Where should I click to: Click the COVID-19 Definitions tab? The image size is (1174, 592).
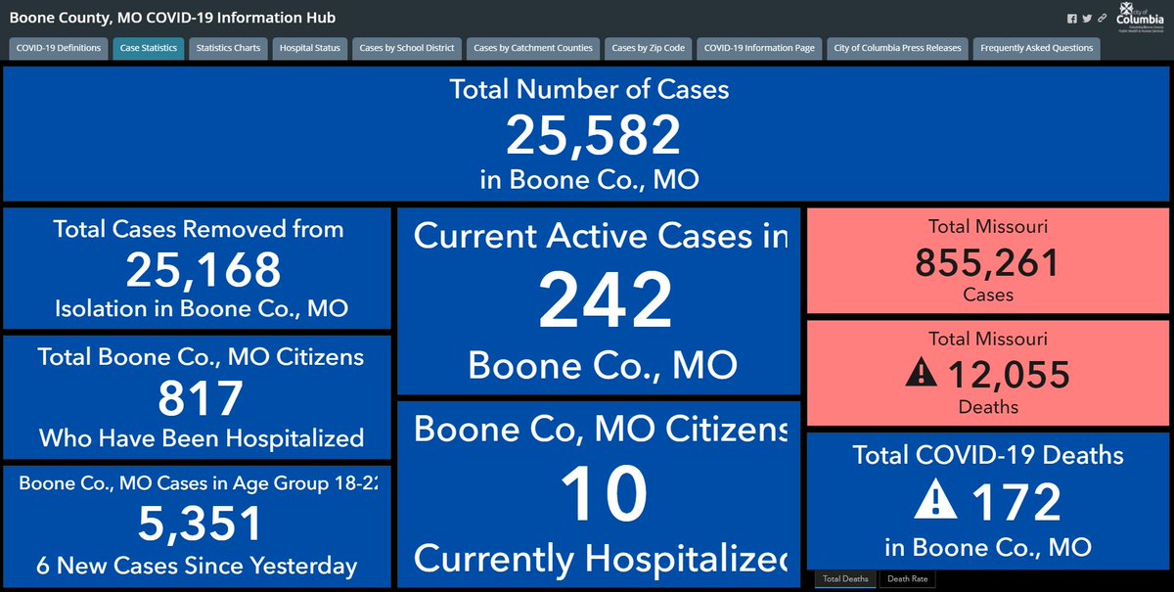click(x=58, y=48)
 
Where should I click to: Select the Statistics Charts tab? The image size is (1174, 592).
click(x=228, y=48)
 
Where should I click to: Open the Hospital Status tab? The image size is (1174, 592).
click(x=309, y=48)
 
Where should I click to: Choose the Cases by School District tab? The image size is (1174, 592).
click(x=407, y=48)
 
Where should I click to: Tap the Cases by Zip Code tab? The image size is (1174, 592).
click(x=648, y=48)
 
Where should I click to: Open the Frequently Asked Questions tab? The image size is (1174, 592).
click(x=1036, y=48)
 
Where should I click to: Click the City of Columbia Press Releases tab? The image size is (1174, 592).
click(x=897, y=48)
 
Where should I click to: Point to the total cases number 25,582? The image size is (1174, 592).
click(x=592, y=135)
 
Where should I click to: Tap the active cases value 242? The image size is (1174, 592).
click(x=605, y=301)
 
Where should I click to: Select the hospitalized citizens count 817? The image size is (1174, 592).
click(x=201, y=398)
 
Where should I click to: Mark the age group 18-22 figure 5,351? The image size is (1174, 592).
click(x=201, y=524)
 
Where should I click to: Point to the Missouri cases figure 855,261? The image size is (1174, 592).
click(x=987, y=263)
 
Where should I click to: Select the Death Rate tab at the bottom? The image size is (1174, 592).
click(x=907, y=579)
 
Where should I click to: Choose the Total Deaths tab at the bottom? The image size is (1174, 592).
click(x=844, y=579)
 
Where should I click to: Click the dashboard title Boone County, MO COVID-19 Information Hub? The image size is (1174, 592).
click(x=172, y=19)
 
